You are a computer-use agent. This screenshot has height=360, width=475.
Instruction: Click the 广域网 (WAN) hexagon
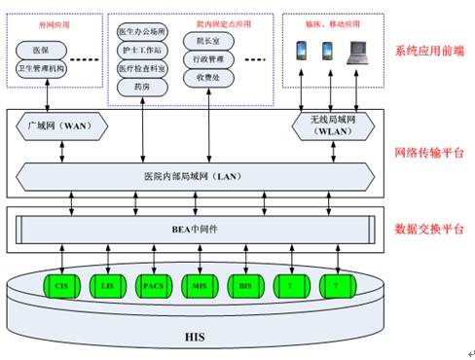coord(60,125)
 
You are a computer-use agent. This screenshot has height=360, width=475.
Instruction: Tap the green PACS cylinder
coord(152,286)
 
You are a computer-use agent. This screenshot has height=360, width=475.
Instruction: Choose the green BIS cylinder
coord(245,286)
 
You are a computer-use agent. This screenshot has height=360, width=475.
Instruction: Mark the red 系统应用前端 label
coord(429,50)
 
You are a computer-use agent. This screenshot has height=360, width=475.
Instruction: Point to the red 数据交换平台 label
coord(429,230)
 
